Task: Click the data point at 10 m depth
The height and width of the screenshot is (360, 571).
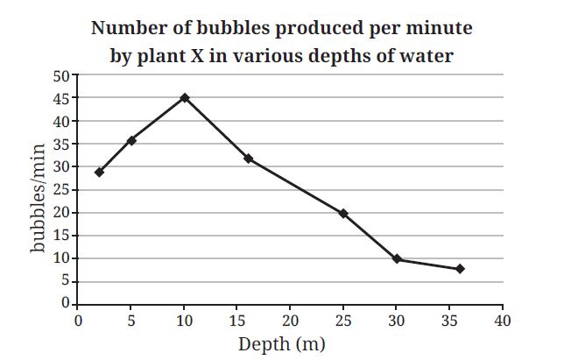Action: coord(185,98)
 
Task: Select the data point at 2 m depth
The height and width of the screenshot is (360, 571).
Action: coord(99,172)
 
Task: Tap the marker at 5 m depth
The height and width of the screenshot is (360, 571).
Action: coord(131,140)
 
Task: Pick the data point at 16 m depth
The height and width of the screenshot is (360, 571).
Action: coord(249,159)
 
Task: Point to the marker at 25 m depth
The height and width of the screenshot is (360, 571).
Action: coord(343,213)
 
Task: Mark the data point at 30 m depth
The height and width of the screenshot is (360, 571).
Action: coord(397,259)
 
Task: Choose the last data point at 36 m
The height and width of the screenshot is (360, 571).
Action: coord(460,268)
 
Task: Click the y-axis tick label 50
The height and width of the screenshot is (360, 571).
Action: coord(60,75)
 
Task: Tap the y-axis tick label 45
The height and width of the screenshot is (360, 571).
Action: coord(60,98)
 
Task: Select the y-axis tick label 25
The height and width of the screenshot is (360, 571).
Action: coord(60,190)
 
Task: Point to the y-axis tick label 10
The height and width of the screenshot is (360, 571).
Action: coord(60,258)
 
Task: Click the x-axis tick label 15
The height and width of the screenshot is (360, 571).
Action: coord(236,321)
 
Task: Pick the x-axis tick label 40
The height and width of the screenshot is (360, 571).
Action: coord(503,321)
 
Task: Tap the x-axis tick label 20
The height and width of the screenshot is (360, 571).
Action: coord(290,321)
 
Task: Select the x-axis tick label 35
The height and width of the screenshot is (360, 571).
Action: coord(449,321)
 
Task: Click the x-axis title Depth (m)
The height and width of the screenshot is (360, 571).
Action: coord(281,343)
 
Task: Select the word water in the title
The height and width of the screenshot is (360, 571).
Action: coord(428,56)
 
